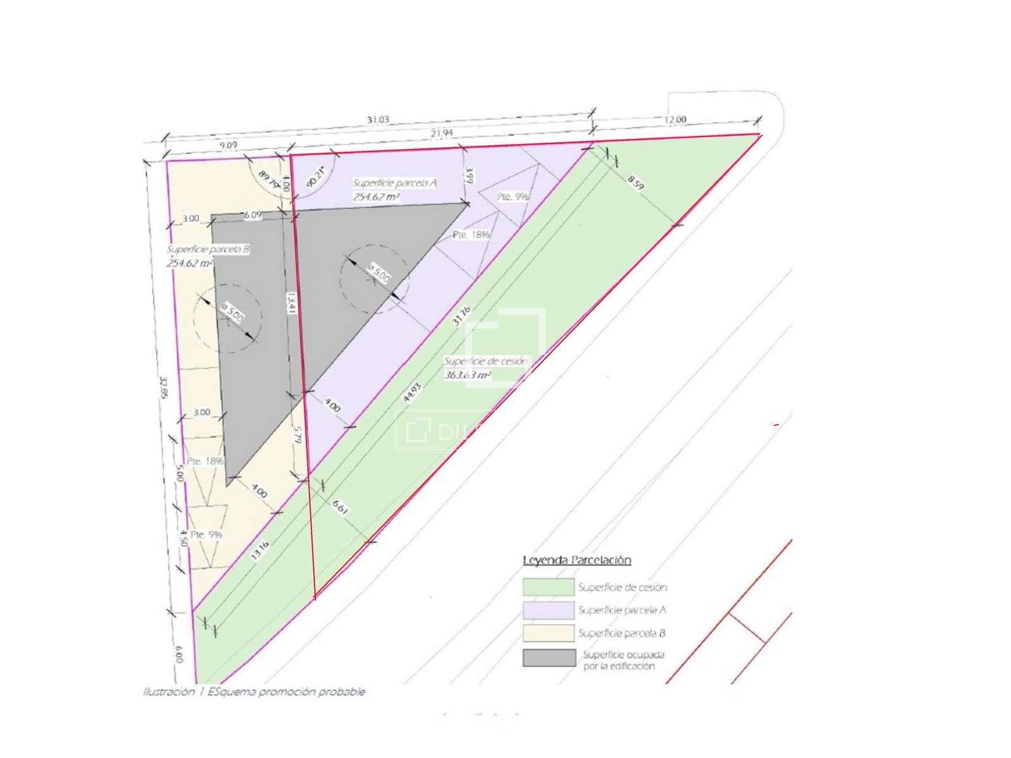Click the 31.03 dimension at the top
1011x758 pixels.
point(378,119)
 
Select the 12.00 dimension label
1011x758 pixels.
point(675,119)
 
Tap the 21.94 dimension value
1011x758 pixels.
point(442,133)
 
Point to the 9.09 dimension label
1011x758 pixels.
point(228,145)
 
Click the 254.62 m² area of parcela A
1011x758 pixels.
point(376,197)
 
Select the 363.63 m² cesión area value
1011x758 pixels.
point(468,375)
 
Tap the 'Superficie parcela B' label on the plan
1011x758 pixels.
point(208,250)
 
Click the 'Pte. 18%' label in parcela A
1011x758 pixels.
point(471,234)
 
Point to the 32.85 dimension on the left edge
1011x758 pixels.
point(164,388)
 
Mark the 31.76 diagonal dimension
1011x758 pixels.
point(461,315)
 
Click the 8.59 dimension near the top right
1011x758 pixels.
point(636,183)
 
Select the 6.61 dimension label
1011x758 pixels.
point(339,507)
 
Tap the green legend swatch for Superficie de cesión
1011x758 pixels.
point(548,587)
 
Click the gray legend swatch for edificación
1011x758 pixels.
point(549,658)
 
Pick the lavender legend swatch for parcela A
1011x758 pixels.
point(548,610)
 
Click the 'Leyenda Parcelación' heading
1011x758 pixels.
point(577,560)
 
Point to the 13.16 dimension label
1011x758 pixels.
point(260,550)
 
